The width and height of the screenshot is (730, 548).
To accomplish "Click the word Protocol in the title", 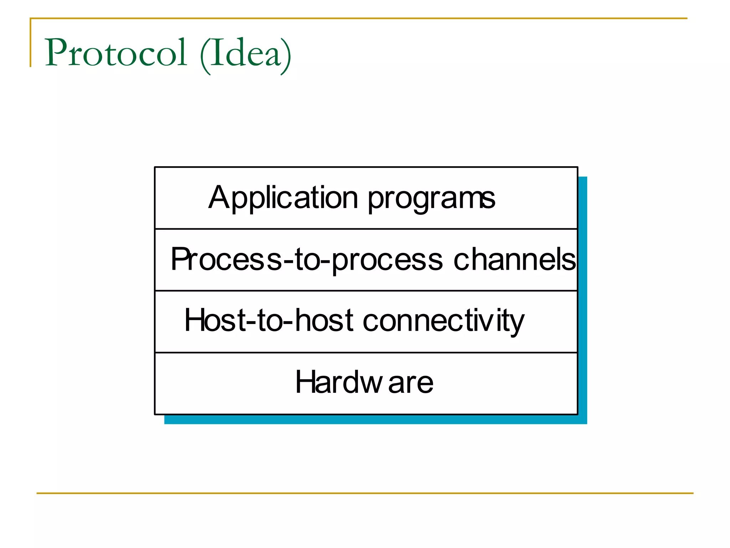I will pyautogui.click(x=116, y=53).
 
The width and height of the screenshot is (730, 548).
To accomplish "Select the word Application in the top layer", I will pyautogui.click(x=283, y=198).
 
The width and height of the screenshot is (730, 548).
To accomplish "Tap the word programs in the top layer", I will pyautogui.click(x=431, y=200).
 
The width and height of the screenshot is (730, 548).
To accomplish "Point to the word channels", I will pyautogui.click(x=514, y=259).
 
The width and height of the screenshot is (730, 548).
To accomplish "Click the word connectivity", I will pyautogui.click(x=443, y=321).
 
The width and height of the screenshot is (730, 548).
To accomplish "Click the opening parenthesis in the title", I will pyautogui.click(x=205, y=55).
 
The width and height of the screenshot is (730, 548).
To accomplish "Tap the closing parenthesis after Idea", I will pyautogui.click(x=286, y=55).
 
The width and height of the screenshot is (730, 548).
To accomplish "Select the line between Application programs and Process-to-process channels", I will pyautogui.click(x=366, y=229).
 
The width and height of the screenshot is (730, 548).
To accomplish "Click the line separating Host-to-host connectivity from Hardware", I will pyautogui.click(x=366, y=352).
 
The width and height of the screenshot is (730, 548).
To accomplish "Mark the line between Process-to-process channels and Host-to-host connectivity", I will pyautogui.click(x=366, y=291).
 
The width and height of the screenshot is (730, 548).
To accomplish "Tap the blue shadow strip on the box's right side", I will pyautogui.click(x=582, y=296).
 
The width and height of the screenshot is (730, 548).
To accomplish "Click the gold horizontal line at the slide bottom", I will pyautogui.click(x=365, y=493).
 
